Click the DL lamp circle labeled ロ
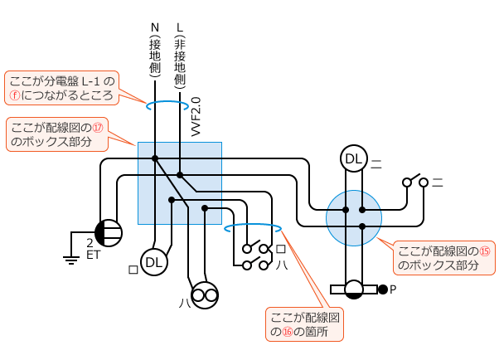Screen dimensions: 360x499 point(154,263)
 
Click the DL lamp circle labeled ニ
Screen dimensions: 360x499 point(354,158)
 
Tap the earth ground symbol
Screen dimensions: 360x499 point(71,258)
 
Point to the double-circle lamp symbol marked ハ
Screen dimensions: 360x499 point(205,294)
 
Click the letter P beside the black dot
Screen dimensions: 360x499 point(394,289)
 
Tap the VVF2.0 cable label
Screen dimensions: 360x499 point(196,117)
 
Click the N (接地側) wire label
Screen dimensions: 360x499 point(155,50)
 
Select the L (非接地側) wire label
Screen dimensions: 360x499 point(180,55)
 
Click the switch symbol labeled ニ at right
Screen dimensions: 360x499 point(414,182)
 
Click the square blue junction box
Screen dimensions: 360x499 point(180,182)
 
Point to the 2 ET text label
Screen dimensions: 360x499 point(92,249)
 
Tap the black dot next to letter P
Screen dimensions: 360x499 point(382,289)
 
